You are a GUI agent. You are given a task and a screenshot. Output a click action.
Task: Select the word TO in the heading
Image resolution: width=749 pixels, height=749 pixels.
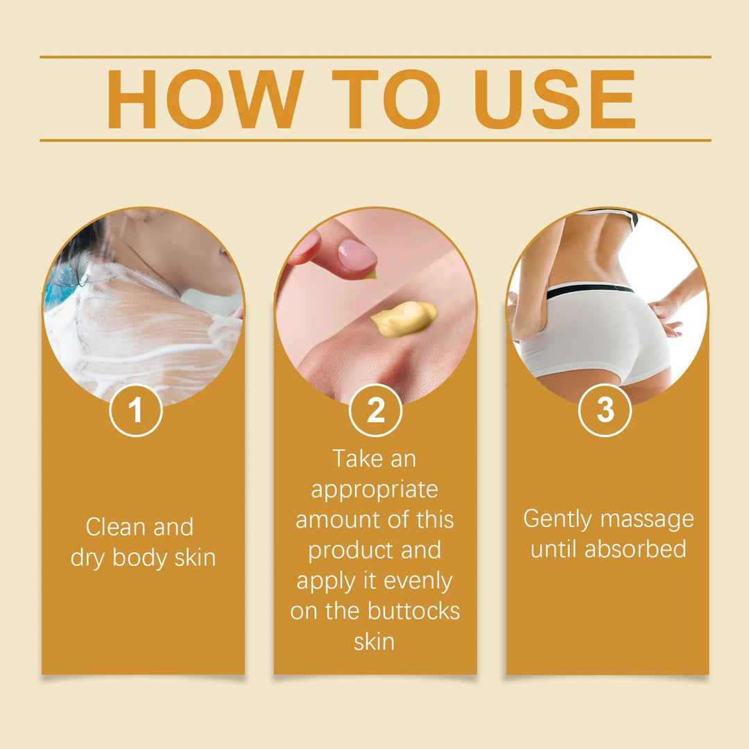point(386,99)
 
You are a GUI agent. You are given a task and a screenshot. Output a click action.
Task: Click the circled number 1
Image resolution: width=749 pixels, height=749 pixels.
point(136,411)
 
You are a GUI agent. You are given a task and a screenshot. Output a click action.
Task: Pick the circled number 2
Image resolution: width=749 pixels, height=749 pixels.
point(375,411)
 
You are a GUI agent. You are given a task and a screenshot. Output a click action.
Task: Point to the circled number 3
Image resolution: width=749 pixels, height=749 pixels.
point(605,411)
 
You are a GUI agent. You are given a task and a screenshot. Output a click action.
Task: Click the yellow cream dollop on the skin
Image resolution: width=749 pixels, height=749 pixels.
point(404,318)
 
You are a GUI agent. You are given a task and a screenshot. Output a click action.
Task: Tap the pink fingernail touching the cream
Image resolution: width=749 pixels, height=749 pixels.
point(357,255)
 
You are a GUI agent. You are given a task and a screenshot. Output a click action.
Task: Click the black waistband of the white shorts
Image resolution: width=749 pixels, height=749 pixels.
point(589,290)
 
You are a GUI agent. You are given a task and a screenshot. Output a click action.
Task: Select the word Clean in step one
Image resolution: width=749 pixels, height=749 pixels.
point(116,527)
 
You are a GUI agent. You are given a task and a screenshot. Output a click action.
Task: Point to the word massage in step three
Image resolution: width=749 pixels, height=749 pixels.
point(648,519)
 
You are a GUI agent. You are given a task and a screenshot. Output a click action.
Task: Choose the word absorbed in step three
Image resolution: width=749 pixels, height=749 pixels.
point(635,549)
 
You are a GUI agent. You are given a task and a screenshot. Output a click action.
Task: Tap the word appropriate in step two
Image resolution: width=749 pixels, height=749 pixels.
point(374,490)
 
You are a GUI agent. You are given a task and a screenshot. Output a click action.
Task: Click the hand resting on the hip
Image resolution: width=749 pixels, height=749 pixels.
point(666,316)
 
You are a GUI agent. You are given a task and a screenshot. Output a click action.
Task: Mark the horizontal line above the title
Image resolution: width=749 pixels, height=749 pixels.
point(375,57)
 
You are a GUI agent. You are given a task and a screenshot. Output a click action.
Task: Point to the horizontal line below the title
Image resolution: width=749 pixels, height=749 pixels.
point(375,140)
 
